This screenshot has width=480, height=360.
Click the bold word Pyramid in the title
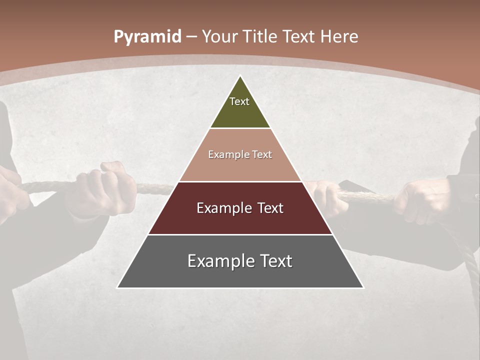point(147,37)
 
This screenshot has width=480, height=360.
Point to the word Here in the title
point(339,37)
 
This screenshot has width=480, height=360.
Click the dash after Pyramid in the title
point(191,37)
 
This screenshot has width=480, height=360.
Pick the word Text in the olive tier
point(239,101)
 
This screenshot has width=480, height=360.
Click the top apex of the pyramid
point(240,76)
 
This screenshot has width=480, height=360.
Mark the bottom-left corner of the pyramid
point(117,287)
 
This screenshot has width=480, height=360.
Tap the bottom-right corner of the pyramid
point(363,287)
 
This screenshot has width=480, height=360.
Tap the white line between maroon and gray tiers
point(240,234)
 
